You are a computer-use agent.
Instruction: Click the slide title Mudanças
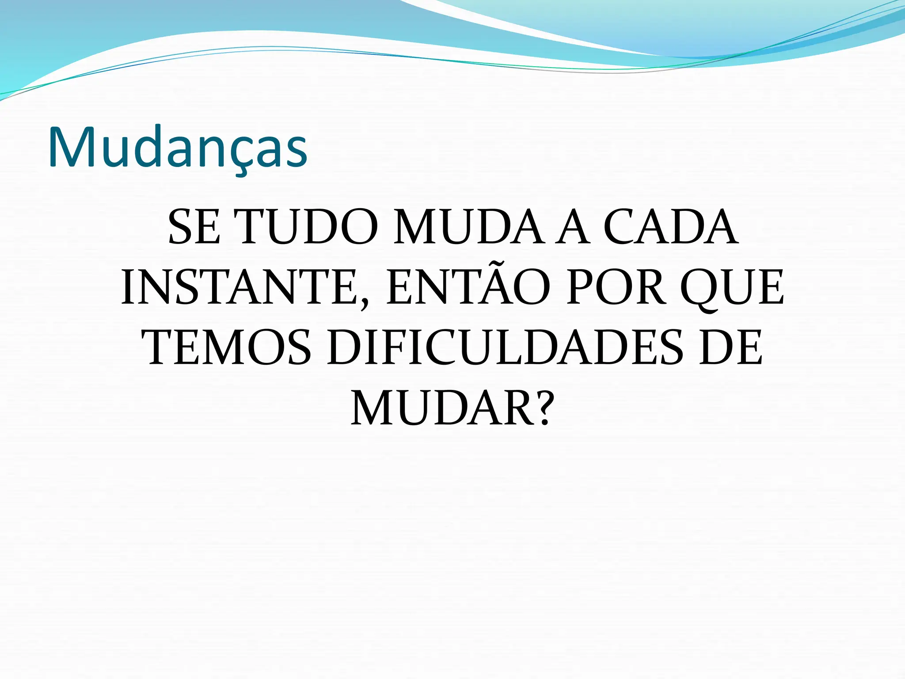(x=178, y=147)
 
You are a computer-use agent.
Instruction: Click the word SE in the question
(x=194, y=228)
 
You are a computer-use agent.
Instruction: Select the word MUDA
(x=468, y=228)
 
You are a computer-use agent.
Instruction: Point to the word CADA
(x=670, y=228)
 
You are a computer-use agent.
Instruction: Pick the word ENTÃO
(x=468, y=288)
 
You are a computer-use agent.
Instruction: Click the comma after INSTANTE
(x=364, y=304)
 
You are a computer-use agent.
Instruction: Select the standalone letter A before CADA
(x=573, y=228)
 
